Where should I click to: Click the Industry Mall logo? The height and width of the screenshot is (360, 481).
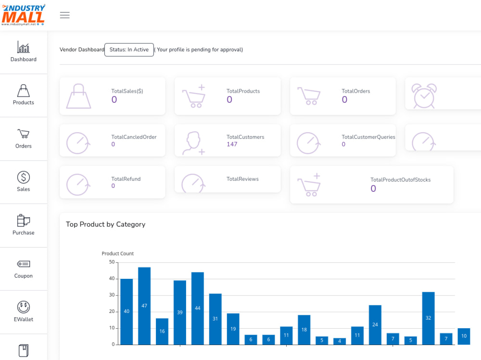coord(23,15)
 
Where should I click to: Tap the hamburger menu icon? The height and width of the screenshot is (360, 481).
coord(65,15)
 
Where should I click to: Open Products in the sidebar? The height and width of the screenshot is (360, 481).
coord(23,95)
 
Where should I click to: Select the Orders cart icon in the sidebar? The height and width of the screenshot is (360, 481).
coord(23,134)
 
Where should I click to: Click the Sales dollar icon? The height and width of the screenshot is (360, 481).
coord(23,177)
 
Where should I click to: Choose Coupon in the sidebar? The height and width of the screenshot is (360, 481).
coord(23,269)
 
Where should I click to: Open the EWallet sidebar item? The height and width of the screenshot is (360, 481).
coord(23,311)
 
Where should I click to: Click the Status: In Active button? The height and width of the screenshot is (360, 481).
coord(129,50)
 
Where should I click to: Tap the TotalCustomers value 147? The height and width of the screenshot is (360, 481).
coord(232,144)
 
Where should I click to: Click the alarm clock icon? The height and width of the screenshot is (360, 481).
coord(424,96)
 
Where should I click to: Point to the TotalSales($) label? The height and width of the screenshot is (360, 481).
coord(127,91)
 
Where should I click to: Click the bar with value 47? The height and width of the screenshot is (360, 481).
coord(144,306)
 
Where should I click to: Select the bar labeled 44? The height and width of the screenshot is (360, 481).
coord(198,309)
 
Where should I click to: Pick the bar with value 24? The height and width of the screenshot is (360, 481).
coord(375,325)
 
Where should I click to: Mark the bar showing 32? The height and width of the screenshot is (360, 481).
coord(428,318)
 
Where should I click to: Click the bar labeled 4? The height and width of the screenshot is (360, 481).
coord(340,341)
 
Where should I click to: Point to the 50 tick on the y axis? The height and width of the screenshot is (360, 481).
coord(112,262)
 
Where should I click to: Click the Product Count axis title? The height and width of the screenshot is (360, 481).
coord(118,254)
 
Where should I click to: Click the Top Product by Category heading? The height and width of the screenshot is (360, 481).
coord(105,224)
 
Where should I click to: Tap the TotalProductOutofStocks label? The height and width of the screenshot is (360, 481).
coord(400,180)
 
